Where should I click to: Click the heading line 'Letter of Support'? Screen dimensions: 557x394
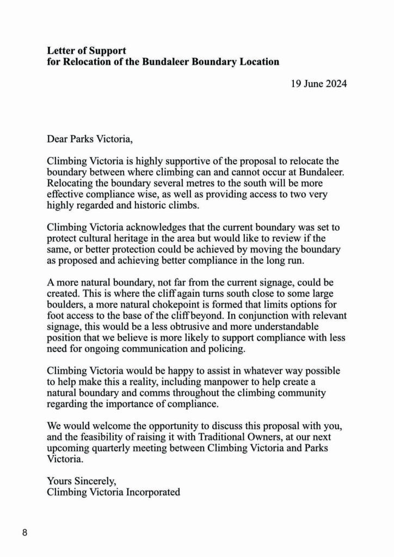(87, 51)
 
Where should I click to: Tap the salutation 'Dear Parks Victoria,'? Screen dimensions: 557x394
(90, 139)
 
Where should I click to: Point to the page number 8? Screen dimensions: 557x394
(25, 533)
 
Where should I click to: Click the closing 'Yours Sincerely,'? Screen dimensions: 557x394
(82, 481)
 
